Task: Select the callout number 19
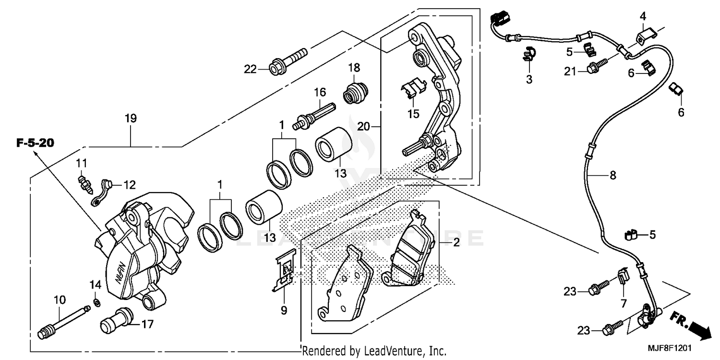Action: pyautogui.click(x=131, y=118)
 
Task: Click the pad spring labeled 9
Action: pyautogui.click(x=284, y=273)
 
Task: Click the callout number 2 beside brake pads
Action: pyautogui.click(x=456, y=242)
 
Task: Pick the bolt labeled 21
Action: pyautogui.click(x=595, y=69)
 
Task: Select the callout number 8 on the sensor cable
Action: pyautogui.click(x=612, y=175)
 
